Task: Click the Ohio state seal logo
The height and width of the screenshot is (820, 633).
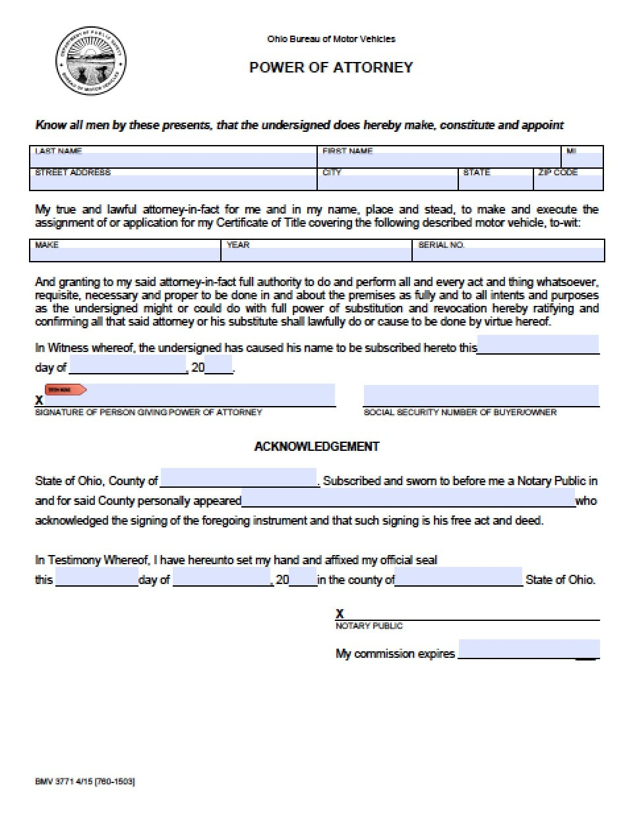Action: click(91, 61)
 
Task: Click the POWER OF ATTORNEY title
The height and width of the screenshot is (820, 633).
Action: click(331, 67)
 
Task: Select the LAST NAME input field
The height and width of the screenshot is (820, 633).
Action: click(174, 160)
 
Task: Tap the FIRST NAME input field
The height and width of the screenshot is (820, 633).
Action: click(438, 160)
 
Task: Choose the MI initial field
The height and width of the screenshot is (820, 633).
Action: click(582, 160)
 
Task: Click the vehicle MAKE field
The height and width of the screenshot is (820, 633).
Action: click(125, 254)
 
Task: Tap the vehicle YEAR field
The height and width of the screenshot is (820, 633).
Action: click(316, 254)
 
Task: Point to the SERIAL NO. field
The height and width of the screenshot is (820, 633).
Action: click(508, 254)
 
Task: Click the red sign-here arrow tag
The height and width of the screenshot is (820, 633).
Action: click(65, 390)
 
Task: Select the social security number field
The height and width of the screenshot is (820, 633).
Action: click(481, 395)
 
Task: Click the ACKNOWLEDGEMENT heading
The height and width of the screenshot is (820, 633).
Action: click(316, 446)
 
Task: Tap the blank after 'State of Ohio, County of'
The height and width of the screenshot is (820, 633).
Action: click(239, 479)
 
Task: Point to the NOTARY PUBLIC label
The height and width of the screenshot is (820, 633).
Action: click(369, 626)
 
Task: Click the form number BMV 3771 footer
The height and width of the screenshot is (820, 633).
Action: click(85, 781)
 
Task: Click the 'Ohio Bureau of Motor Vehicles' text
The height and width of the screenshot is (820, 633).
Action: click(331, 39)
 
